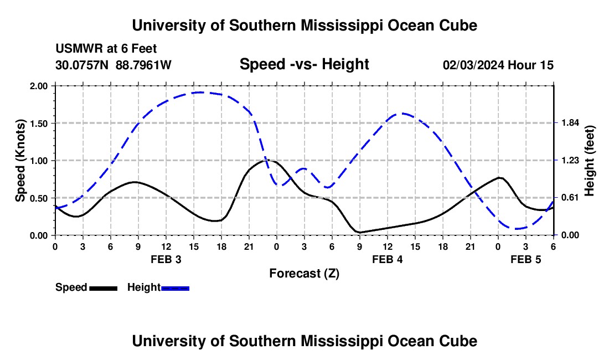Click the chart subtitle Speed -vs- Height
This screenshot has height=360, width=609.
click(304, 65)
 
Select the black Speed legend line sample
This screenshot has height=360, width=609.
click(103, 288)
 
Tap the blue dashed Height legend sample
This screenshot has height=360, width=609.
click(175, 288)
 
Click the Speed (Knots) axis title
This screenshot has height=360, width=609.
click(20, 161)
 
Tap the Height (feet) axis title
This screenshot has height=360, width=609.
click(590, 161)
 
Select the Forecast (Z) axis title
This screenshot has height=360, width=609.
click(304, 273)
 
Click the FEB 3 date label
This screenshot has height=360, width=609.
click(166, 259)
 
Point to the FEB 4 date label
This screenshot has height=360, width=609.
click(387, 259)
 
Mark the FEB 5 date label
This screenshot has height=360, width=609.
click(525, 259)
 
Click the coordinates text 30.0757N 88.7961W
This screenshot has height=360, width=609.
click(113, 65)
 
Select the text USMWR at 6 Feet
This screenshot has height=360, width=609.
click(102, 49)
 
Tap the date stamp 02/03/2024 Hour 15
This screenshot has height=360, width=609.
click(498, 65)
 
